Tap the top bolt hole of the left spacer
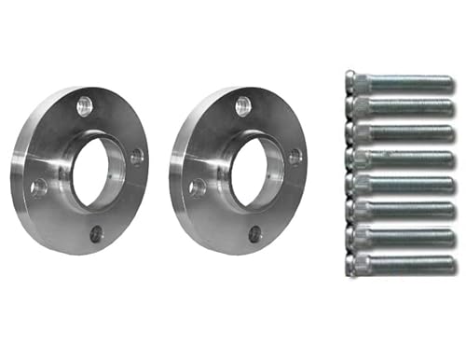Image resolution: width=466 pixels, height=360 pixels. [85, 104]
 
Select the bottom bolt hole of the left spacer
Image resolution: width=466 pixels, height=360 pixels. [97, 233]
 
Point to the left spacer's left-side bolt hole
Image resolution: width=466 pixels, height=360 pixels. [39, 187]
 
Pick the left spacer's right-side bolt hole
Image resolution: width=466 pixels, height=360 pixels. [137, 157]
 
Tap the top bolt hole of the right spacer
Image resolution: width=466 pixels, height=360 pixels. [243, 104]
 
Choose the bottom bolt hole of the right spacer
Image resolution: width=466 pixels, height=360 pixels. [255, 233]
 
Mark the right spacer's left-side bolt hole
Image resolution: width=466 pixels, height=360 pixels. [198, 187]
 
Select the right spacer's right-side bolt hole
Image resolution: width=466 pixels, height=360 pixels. [295, 157]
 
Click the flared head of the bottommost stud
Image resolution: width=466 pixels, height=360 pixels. [350, 261]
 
